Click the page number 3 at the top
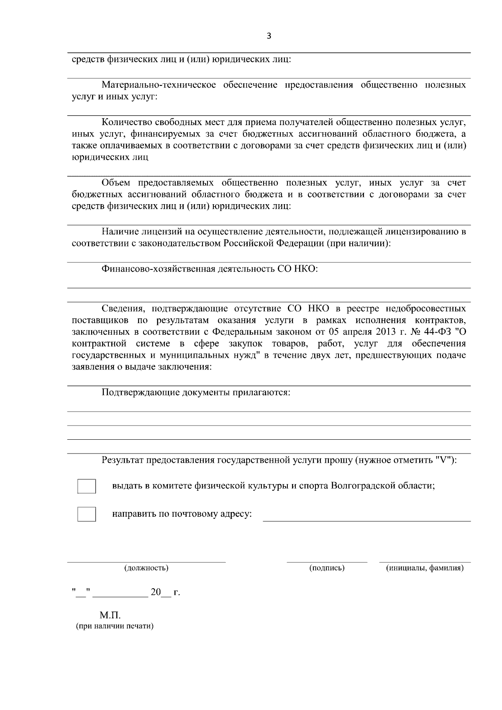point(269,36)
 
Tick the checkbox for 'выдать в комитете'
point(87,486)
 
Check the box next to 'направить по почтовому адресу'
point(87,514)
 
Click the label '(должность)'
point(146,568)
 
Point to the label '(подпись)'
point(327,568)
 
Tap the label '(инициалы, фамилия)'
point(425,568)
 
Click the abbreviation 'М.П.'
point(110,615)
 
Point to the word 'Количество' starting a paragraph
point(128,123)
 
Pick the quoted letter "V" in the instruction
point(443,460)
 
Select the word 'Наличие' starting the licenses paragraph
point(120,232)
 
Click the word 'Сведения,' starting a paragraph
point(124,309)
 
